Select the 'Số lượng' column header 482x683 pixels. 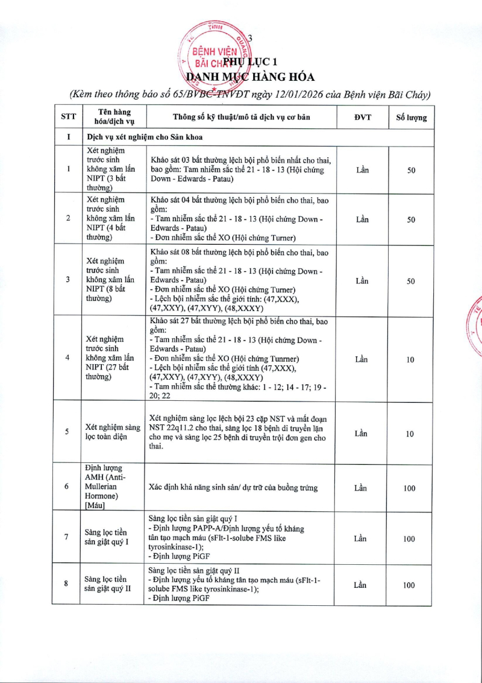point(411,118)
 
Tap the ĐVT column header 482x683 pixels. point(362,117)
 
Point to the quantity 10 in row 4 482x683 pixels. point(410,360)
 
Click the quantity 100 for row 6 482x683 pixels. point(410,488)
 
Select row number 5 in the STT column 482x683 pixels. point(67,432)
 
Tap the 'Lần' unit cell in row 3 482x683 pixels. point(361,281)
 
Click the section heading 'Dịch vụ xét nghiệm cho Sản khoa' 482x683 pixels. point(145,137)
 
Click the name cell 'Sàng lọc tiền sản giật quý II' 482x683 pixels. point(108,584)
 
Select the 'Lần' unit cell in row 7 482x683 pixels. point(361,538)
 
